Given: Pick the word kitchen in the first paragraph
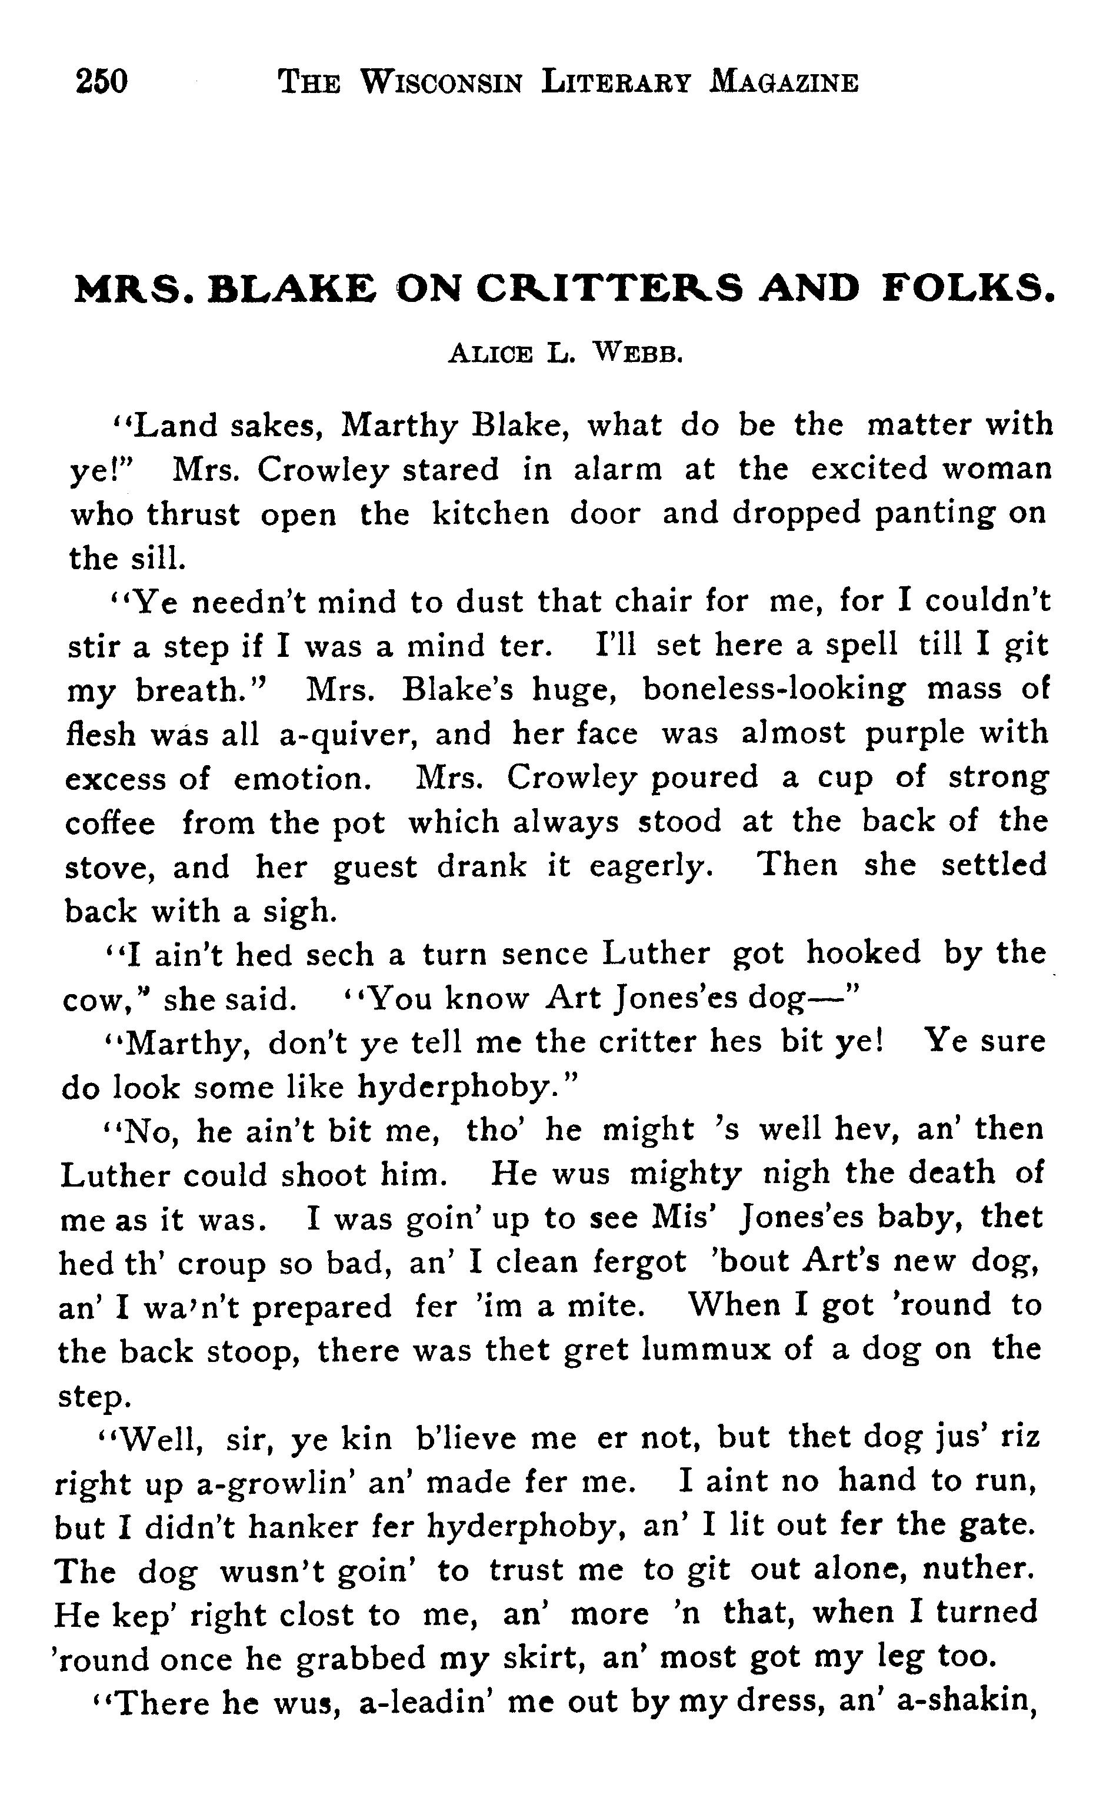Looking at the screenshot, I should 489,513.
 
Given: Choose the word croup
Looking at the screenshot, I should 221,1264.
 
